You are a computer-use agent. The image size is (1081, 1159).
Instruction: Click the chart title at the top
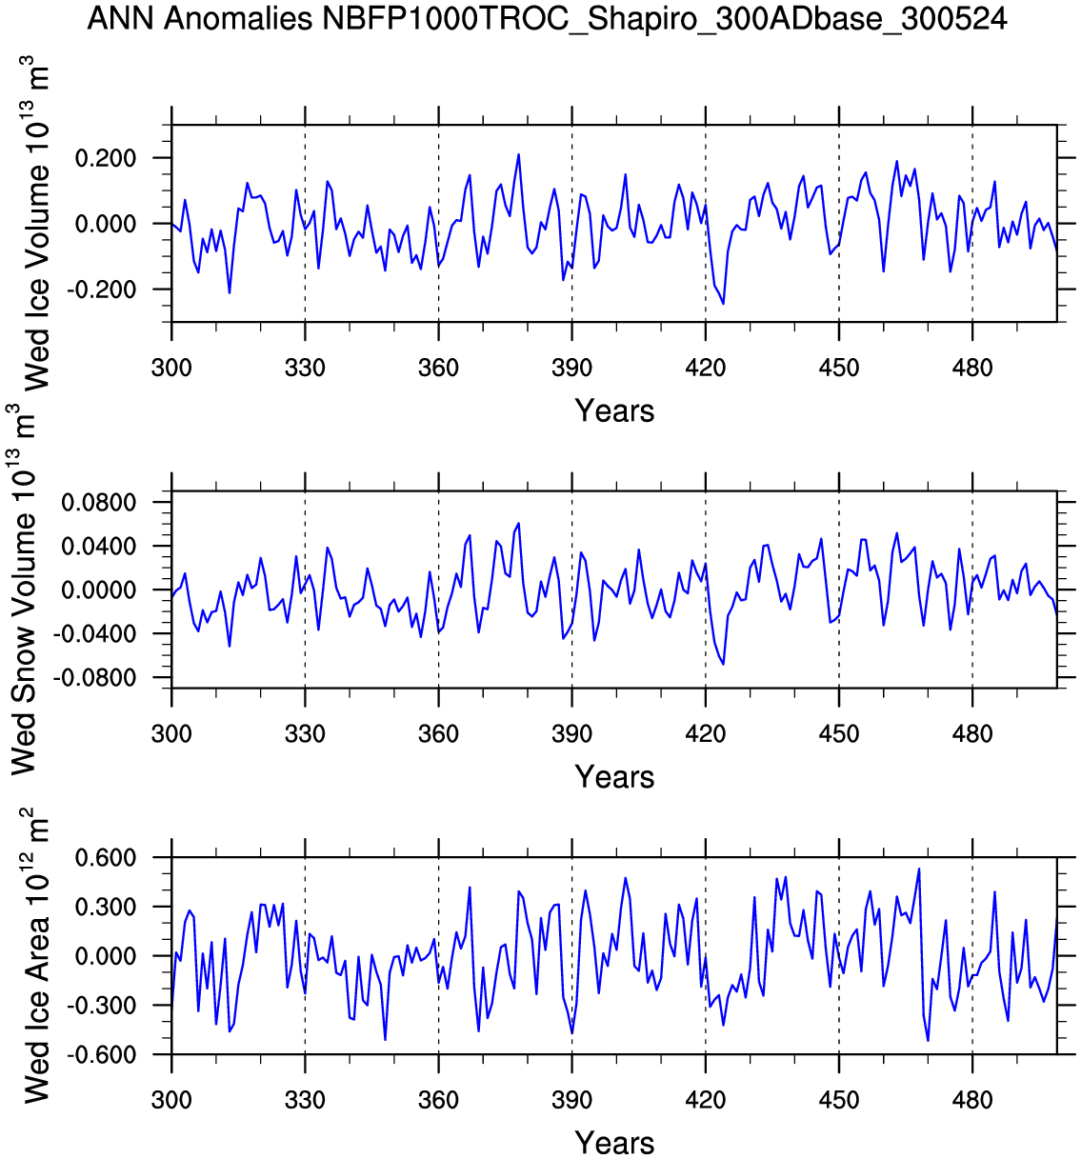click(547, 19)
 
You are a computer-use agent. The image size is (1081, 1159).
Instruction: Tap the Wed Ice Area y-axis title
click(35, 956)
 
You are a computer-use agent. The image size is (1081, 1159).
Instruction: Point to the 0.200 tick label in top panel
click(107, 158)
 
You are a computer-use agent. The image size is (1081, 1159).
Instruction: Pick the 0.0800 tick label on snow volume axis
click(99, 503)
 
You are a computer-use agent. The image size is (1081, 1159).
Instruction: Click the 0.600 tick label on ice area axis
click(107, 858)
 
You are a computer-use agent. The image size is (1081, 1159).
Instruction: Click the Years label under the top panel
click(614, 411)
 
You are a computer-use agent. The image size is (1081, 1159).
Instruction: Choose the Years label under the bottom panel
click(614, 1143)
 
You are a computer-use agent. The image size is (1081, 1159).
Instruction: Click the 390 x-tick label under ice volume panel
click(571, 369)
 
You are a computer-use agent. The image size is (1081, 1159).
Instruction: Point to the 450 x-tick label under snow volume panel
click(838, 734)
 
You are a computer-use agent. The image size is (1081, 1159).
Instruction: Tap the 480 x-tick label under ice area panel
click(971, 1101)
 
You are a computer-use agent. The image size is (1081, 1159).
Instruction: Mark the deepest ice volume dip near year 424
click(723, 303)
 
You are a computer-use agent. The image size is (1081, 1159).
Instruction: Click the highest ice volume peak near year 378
click(518, 154)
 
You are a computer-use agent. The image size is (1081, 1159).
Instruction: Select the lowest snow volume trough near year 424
click(723, 664)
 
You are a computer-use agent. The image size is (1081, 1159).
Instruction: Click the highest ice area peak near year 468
click(919, 869)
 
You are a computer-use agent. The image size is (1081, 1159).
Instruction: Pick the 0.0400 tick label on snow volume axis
click(99, 547)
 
